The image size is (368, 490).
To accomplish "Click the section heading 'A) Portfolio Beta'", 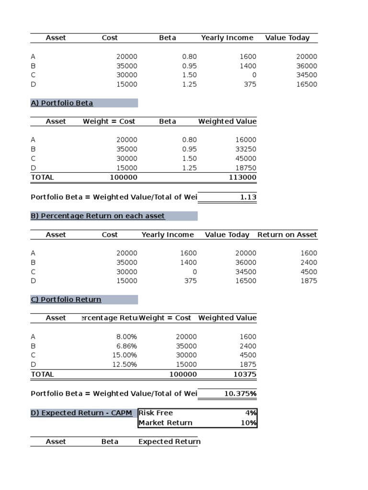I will click(62, 103).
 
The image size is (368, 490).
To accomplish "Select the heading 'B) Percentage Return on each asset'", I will click(98, 216).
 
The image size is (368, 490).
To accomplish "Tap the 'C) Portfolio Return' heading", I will click(66, 300).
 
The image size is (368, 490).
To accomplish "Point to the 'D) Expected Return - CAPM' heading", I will click(81, 413).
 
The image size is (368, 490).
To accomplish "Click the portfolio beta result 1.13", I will click(247, 197).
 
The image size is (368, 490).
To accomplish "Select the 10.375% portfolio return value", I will click(240, 394).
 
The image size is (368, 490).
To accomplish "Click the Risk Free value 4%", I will click(251, 413).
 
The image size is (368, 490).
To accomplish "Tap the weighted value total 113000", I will click(243, 178).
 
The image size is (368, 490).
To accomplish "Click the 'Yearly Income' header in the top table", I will click(227, 38).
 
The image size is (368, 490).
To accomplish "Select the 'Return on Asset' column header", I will click(287, 234).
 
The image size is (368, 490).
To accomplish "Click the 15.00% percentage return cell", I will click(124, 355).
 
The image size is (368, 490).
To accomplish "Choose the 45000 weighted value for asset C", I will click(246, 158).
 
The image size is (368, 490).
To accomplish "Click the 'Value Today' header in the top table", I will click(287, 38).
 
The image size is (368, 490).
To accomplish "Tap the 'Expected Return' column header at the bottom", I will click(169, 442).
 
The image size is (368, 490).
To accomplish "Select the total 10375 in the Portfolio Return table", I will click(244, 374).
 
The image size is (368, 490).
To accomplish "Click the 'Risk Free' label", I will click(156, 413).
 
